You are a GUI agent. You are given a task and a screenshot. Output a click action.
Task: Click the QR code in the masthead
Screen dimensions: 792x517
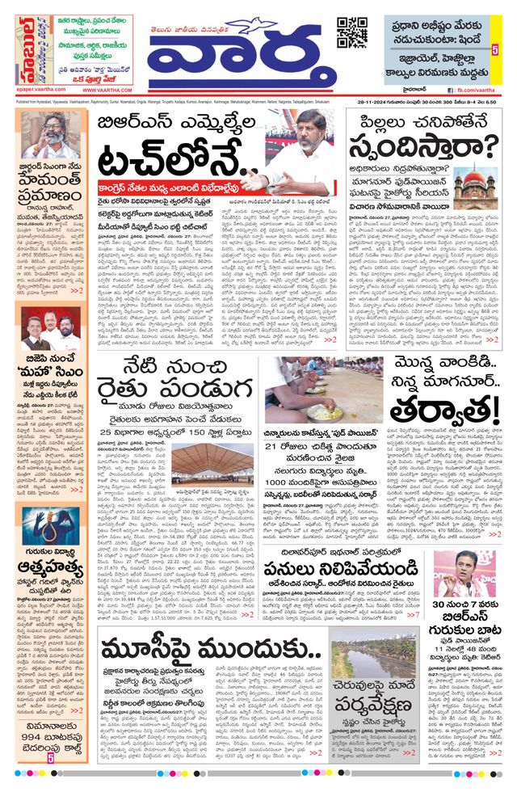pyautogui.click(x=351, y=32)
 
